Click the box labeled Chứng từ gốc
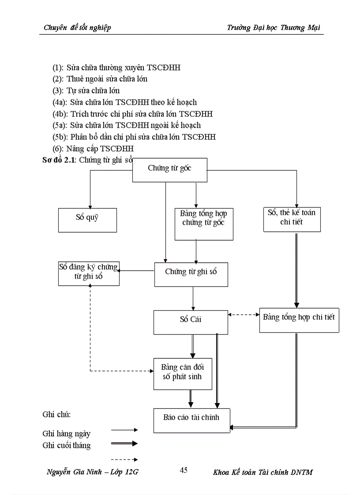pyautogui.click(x=170, y=170)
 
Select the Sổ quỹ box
pyautogui.click(x=87, y=220)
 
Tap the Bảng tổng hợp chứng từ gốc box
pyautogui.click(x=203, y=224)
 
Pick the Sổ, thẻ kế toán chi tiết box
pyautogui.click(x=292, y=219)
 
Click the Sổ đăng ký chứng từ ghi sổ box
pyautogui.click(x=89, y=273)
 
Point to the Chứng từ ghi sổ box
pyautogui.click(x=191, y=274)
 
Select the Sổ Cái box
pyautogui.click(x=191, y=322)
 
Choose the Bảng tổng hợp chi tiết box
pyautogui.click(x=299, y=319)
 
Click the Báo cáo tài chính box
pyautogui.click(x=191, y=420)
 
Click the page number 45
pyautogui.click(x=184, y=470)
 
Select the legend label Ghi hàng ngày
pyautogui.click(x=67, y=434)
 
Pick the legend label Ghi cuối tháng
pyautogui.click(x=67, y=445)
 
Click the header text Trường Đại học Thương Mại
pyautogui.click(x=273, y=28)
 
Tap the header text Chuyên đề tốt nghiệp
pyautogui.click(x=77, y=28)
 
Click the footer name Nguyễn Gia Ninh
pyautogui.click(x=73, y=472)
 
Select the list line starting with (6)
pyautogui.click(x=93, y=148)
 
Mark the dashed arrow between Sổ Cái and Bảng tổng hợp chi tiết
pyautogui.click(x=244, y=315)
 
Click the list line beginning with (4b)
pyautogui.click(x=132, y=114)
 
